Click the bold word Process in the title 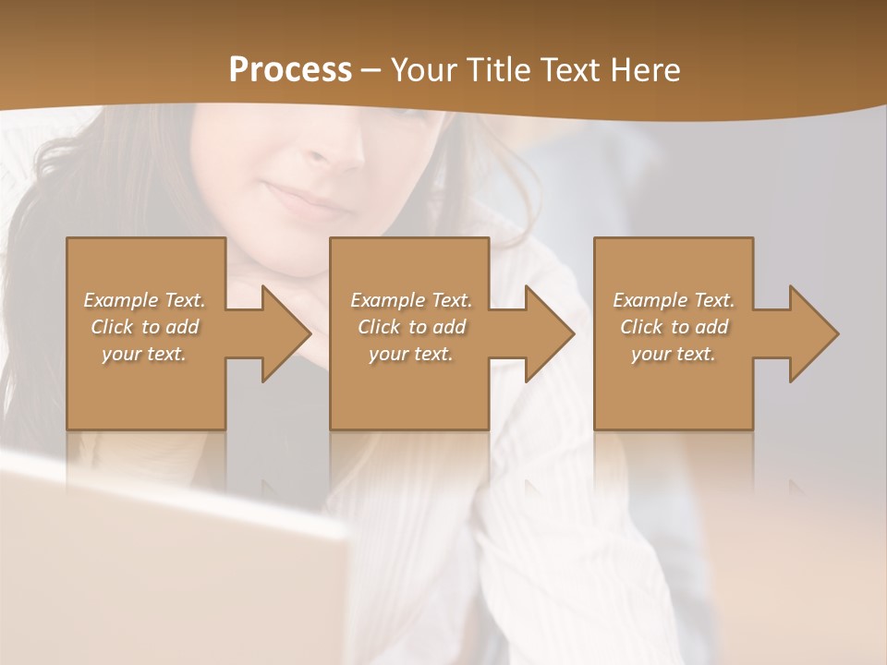[290, 70]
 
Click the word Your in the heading [429, 70]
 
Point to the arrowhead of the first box [282, 333]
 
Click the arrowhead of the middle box [546, 333]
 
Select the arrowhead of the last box [809, 333]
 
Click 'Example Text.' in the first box [144, 300]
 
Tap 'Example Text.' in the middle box [411, 300]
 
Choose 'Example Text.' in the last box [674, 300]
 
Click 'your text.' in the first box [144, 354]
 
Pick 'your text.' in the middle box [411, 354]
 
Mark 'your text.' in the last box [674, 354]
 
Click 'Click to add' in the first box [144, 327]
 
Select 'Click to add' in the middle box [411, 327]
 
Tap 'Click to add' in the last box [674, 327]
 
